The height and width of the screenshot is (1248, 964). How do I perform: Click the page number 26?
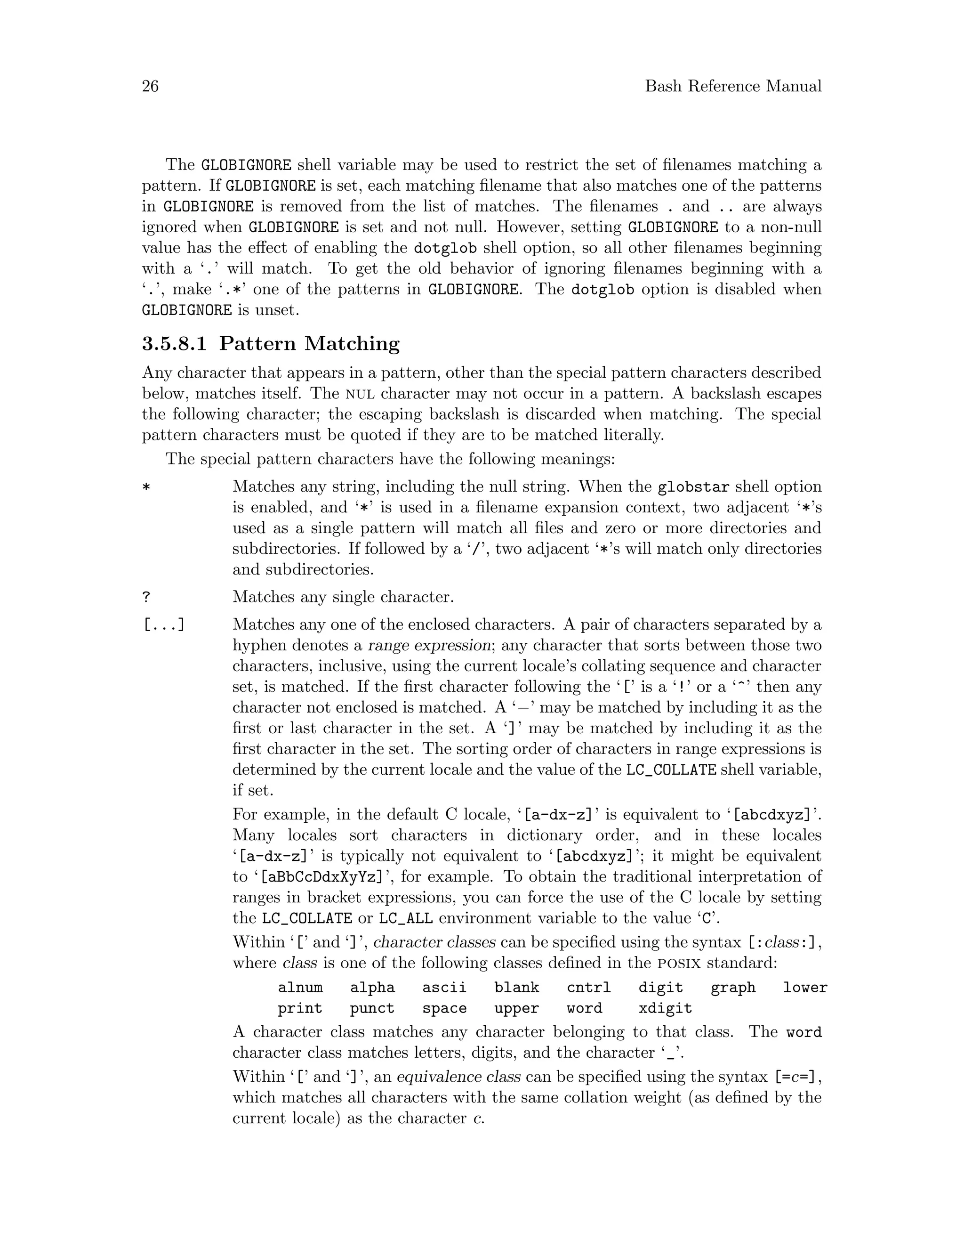point(150,86)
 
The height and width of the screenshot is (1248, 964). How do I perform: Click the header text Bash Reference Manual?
point(733,86)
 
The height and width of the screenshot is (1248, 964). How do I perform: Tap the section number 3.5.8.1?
point(174,344)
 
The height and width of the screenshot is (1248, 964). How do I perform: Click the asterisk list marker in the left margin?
point(146,488)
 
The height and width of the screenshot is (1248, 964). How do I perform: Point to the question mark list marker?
point(146,598)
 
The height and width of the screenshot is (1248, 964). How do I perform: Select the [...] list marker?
point(163,625)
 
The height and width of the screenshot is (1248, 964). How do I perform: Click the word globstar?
point(693,487)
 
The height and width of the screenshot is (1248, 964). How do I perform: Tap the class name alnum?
point(300,988)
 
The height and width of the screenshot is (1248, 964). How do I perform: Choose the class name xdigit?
point(665,1009)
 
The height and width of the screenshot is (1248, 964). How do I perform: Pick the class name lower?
point(804,988)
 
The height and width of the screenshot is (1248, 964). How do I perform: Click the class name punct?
point(372,1009)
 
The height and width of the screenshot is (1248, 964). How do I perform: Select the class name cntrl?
point(588,988)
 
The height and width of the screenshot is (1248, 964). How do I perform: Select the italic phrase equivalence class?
point(458,1077)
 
